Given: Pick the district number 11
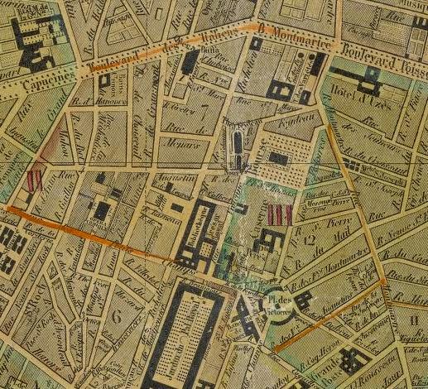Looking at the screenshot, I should tap(412, 318).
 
